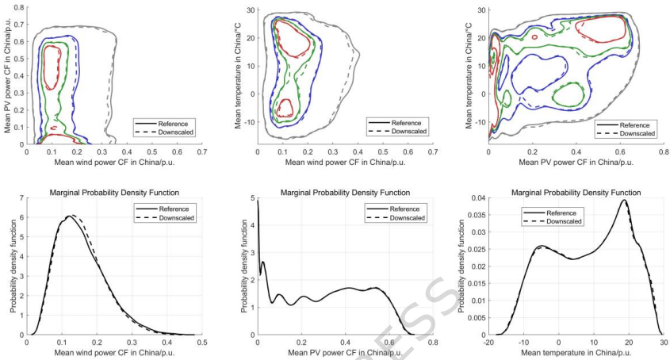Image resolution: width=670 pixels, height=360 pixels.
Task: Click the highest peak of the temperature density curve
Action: [x=624, y=201]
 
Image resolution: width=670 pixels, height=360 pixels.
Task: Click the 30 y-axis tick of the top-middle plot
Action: [x=249, y=10]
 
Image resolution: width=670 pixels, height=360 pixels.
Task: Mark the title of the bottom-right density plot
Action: [x=575, y=193]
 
